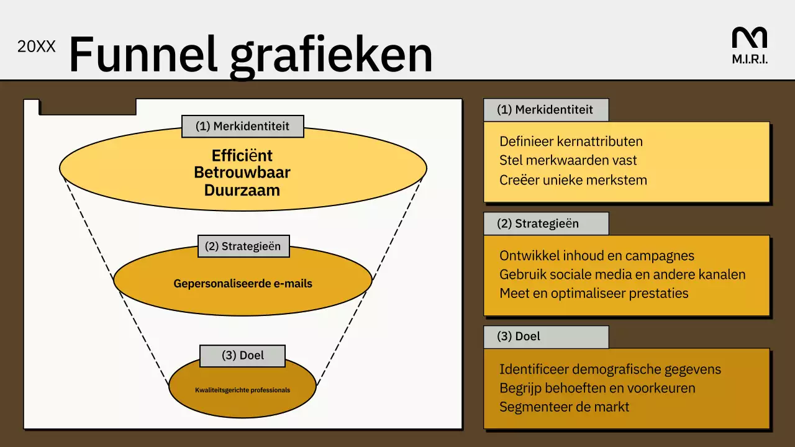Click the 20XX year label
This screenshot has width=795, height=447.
(36, 47)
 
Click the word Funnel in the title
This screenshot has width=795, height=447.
(143, 55)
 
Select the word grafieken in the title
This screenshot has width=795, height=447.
(330, 56)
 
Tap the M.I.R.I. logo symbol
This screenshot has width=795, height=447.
(749, 38)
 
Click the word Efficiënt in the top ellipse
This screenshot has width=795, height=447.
(242, 155)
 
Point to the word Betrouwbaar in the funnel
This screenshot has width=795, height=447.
(242, 172)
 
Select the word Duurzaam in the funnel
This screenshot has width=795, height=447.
(242, 190)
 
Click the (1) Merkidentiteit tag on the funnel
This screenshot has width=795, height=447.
(242, 126)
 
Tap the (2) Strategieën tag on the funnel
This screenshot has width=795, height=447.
(243, 246)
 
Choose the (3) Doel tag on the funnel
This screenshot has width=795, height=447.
(242, 356)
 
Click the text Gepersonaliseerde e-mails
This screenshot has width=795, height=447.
(243, 284)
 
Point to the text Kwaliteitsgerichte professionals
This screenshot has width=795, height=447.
(242, 391)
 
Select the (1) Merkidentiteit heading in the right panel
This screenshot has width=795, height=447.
(545, 110)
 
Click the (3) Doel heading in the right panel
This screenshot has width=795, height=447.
(519, 336)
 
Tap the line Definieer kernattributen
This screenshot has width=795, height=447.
(571, 142)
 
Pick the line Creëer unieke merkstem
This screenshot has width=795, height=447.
(573, 180)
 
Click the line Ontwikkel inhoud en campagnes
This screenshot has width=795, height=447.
(597, 256)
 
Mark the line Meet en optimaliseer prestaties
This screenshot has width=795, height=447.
(594, 293)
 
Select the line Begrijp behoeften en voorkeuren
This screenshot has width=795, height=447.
(597, 388)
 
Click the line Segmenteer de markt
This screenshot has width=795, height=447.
(564, 407)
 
